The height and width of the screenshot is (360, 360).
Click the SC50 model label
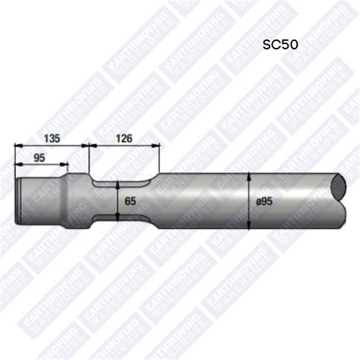(280, 44)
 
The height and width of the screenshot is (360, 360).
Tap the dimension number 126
(124, 137)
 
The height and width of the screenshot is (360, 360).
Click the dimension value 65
(130, 201)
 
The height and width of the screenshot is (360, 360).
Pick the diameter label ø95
(264, 201)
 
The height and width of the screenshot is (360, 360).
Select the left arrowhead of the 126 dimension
(92, 146)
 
